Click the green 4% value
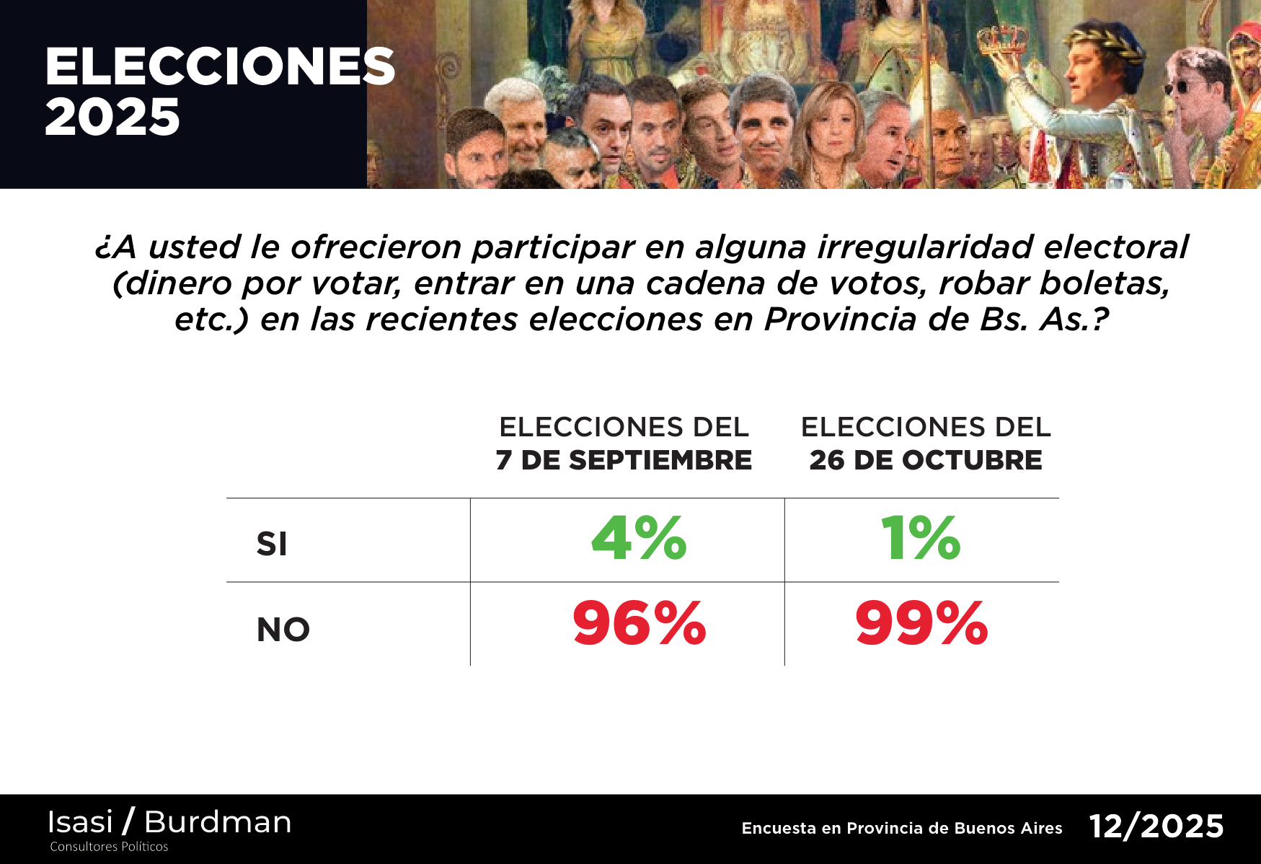point(639,539)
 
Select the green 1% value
point(921,539)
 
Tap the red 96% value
point(639,624)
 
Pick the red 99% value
point(921,624)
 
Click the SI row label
point(272,544)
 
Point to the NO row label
point(283,630)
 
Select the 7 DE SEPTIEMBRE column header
point(624,460)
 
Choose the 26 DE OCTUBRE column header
point(926,460)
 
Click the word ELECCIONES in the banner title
point(220,67)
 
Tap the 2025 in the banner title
point(112,118)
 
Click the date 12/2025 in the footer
point(1156,826)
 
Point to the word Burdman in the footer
point(218,822)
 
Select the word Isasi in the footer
point(80,822)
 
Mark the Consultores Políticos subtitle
point(109,847)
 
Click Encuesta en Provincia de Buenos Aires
point(902,828)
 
